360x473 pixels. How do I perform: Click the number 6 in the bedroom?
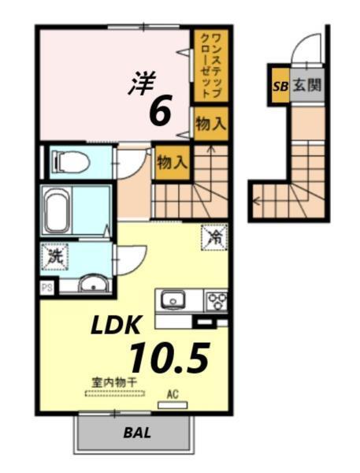[159, 112]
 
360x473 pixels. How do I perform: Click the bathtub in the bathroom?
[64, 211]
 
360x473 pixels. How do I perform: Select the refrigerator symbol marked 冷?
[213, 236]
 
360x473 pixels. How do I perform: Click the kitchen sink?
[172, 300]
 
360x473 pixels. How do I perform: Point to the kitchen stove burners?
[216, 300]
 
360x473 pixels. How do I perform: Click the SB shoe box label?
[280, 88]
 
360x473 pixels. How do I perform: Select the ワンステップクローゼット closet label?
[210, 65]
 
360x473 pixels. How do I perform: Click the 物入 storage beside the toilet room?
[171, 162]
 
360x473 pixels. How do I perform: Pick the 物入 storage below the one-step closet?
[210, 124]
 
